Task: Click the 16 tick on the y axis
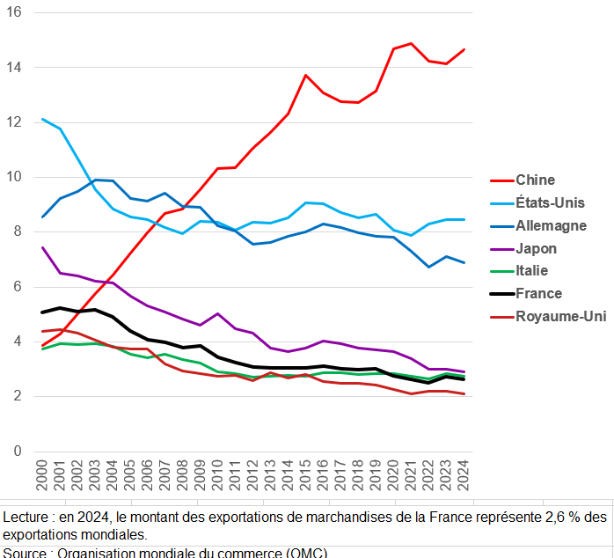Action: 14,12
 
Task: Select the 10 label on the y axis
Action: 14,177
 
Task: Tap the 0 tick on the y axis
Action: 18,452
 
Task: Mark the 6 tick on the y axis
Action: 18,287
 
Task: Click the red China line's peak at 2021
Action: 411,43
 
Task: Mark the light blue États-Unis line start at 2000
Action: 41,119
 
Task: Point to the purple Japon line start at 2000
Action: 41,247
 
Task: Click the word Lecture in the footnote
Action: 27,516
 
